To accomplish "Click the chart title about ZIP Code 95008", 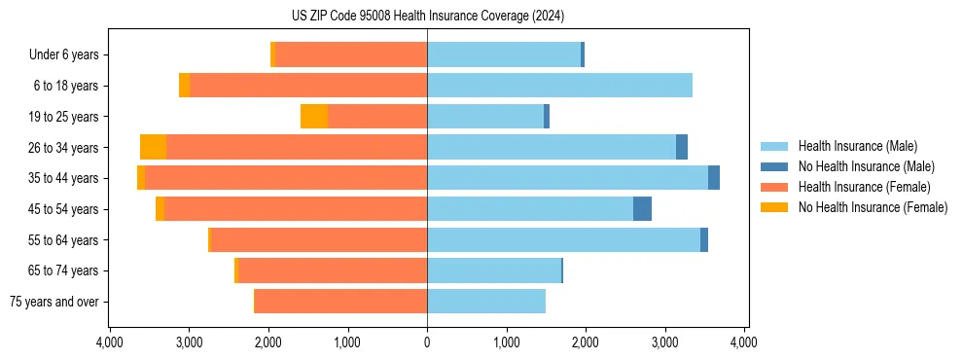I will pyautogui.click(x=427, y=17).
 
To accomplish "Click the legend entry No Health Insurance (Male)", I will pyautogui.click(x=859, y=166).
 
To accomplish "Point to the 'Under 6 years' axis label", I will pyautogui.click(x=64, y=54).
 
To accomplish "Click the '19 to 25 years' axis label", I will pyautogui.click(x=64, y=117).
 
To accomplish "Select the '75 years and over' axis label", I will pyautogui.click(x=54, y=302).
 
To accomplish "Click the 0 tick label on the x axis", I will pyautogui.click(x=427, y=342).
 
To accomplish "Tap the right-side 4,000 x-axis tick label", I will pyautogui.click(x=744, y=342).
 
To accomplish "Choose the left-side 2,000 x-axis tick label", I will pyautogui.click(x=268, y=342).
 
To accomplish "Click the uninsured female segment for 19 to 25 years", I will pyautogui.click(x=314, y=117).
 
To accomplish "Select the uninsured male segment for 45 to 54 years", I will pyautogui.click(x=642, y=209).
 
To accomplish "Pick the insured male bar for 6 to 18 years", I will pyautogui.click(x=559, y=86).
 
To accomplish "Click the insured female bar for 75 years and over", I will pyautogui.click(x=340, y=302).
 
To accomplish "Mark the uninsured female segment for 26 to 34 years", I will pyautogui.click(x=153, y=147).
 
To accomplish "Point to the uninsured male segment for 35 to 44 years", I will pyautogui.click(x=714, y=178).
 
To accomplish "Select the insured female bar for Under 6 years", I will pyautogui.click(x=351, y=54).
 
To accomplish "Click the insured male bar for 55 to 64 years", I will pyautogui.click(x=563, y=240).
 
